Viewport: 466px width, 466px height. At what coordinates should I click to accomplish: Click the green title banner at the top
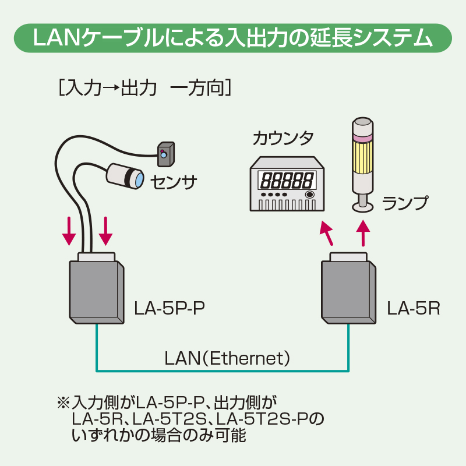(x=233, y=39)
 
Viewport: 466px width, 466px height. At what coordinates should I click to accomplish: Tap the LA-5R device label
(x=413, y=307)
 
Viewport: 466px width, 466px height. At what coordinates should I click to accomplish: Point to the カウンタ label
(x=283, y=139)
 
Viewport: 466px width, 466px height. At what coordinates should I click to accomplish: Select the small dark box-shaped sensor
(x=165, y=153)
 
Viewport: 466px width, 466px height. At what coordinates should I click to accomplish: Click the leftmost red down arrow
(x=69, y=231)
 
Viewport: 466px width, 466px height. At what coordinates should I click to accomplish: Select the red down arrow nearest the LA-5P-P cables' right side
(x=105, y=231)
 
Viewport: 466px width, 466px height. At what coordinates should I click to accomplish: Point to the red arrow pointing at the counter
(x=328, y=234)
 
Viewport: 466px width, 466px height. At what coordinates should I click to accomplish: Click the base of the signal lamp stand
(x=363, y=206)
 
